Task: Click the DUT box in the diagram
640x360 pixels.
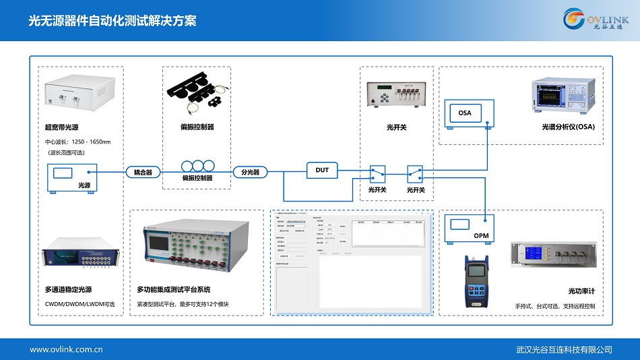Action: (322, 170)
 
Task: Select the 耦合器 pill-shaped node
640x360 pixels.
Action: (143, 172)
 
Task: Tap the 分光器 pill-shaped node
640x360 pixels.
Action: (250, 172)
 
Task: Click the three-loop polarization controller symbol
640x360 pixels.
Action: (197, 166)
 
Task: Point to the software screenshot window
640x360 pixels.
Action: (350, 264)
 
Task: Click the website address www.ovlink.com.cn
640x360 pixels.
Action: (66, 349)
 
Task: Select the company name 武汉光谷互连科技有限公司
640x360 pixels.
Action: (563, 349)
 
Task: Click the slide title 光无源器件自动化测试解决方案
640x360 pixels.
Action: (113, 21)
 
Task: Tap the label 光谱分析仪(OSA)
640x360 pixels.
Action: (569, 126)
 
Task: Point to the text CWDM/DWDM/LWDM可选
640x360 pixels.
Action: (79, 304)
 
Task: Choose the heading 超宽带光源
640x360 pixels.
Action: (62, 127)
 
